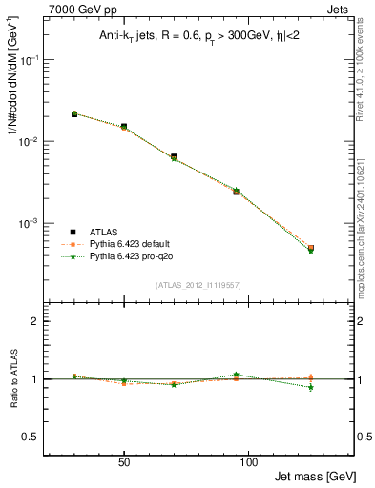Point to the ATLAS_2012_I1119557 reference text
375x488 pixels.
[198, 285]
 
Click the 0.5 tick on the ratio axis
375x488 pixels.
[31, 437]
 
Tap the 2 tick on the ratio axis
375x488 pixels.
[35, 321]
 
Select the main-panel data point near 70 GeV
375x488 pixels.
[174, 156]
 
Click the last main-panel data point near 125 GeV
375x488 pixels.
[311, 248]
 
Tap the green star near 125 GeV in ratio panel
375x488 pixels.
[311, 387]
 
